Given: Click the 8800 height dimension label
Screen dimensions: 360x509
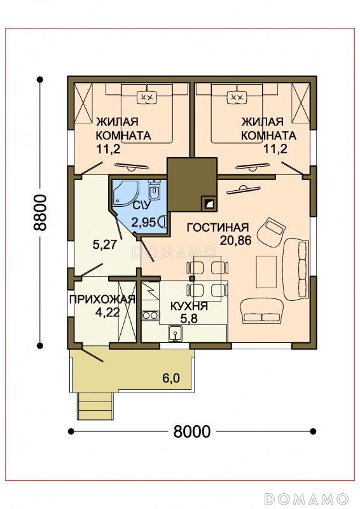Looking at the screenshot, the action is pyautogui.click(x=40, y=213).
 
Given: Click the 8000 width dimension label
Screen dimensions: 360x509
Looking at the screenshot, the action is pyautogui.click(x=192, y=431).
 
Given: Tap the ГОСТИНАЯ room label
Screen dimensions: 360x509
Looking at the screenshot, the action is pyautogui.click(x=218, y=228).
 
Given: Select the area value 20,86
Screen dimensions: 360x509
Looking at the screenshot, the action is pyautogui.click(x=236, y=241).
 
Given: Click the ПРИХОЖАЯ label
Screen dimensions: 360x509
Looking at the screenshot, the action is pyautogui.click(x=102, y=299).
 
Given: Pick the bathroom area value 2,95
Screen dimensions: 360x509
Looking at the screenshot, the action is pyautogui.click(x=144, y=223).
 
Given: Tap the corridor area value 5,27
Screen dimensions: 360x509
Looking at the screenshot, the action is pyautogui.click(x=104, y=244).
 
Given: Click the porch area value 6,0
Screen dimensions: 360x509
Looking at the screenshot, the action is pyautogui.click(x=171, y=378).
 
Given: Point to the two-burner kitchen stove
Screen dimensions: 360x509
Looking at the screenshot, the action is pyautogui.click(x=150, y=315).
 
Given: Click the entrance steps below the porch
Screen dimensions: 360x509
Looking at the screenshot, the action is pyautogui.click(x=95, y=406).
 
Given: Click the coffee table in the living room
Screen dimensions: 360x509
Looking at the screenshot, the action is pyautogui.click(x=267, y=272).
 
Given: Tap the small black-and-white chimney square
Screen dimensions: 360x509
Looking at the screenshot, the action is pyautogui.click(x=208, y=204).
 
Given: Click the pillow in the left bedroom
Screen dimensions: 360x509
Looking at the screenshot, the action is pyautogui.click(x=148, y=97).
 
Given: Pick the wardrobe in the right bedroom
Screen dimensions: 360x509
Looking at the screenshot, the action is pyautogui.click(x=300, y=103).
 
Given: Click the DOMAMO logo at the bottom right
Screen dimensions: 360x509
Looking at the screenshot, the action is pyautogui.click(x=306, y=498).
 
